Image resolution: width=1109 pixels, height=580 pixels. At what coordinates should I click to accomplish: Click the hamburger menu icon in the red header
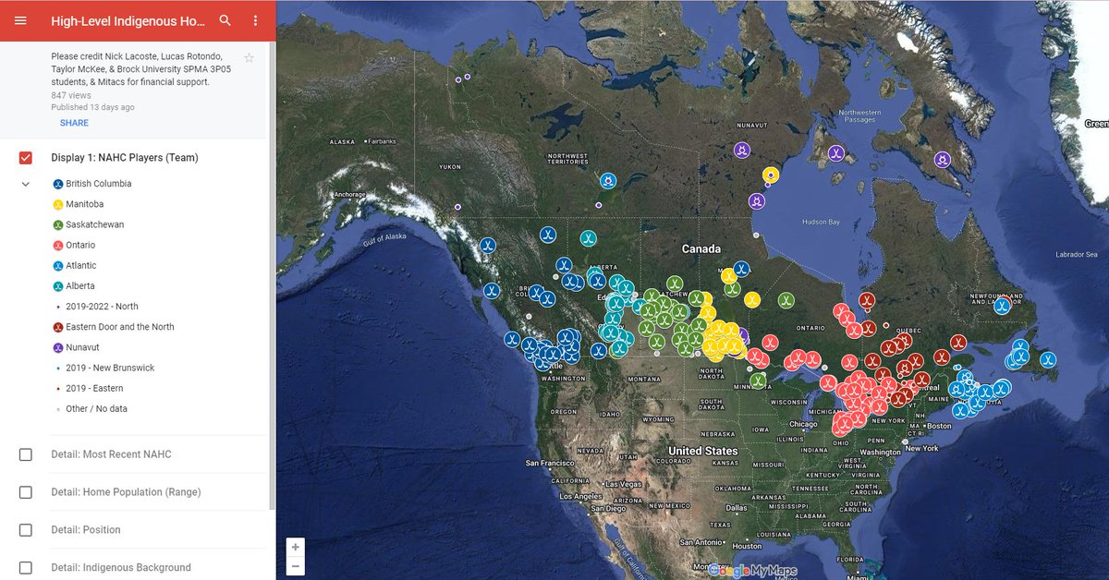[20, 20]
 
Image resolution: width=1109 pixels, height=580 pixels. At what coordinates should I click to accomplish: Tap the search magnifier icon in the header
[225, 20]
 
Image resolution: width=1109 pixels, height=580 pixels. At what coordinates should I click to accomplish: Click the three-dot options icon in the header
[256, 20]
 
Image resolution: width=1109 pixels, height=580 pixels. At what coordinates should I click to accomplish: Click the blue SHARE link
[74, 123]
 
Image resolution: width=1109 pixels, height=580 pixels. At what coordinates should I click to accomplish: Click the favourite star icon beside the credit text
[249, 58]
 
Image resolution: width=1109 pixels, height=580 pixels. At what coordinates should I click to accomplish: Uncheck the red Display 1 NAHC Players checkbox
[26, 158]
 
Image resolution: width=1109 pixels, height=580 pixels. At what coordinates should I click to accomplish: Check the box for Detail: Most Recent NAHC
[26, 454]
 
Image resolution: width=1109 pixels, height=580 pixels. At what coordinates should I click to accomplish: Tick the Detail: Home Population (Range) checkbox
[26, 492]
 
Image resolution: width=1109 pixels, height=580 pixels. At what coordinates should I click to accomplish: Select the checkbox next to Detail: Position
[26, 530]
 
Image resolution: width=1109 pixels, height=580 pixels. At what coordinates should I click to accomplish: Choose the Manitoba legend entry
[84, 204]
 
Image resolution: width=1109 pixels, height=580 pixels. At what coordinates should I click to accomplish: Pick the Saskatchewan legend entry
[94, 224]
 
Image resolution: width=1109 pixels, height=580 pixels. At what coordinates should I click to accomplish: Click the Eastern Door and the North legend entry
[119, 327]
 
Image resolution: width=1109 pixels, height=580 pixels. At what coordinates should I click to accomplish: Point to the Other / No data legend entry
[96, 408]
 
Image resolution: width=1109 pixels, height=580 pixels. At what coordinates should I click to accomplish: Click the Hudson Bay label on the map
[821, 223]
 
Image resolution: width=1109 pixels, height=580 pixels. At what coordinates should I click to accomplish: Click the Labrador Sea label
[1077, 254]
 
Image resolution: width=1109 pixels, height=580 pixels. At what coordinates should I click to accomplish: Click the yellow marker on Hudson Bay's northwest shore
[770, 174]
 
